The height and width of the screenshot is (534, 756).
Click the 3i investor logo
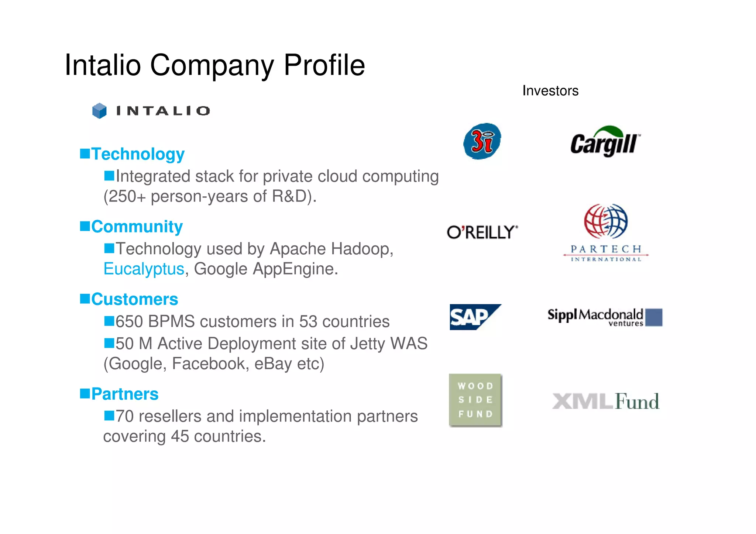pos(482,141)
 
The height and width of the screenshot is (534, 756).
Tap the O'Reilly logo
pos(482,232)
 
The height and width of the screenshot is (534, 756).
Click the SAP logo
pos(475,317)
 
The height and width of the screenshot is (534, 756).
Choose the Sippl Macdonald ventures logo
pos(605,317)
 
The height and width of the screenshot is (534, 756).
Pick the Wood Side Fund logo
pos(475,400)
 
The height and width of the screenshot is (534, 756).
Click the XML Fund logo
pos(605,401)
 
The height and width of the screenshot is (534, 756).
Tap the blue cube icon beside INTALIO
pos(99,111)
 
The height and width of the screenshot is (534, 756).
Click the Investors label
pos(550,91)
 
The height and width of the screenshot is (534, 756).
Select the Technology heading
pos(138,154)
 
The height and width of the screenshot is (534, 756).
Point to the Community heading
pos(137,227)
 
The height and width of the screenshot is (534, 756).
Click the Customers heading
pos(134,299)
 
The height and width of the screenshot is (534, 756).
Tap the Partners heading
pos(125,394)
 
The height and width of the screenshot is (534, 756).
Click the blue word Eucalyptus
pos(144,269)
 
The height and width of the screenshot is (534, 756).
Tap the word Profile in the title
pos(324,65)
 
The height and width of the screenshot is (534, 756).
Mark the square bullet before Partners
pos(85,393)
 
